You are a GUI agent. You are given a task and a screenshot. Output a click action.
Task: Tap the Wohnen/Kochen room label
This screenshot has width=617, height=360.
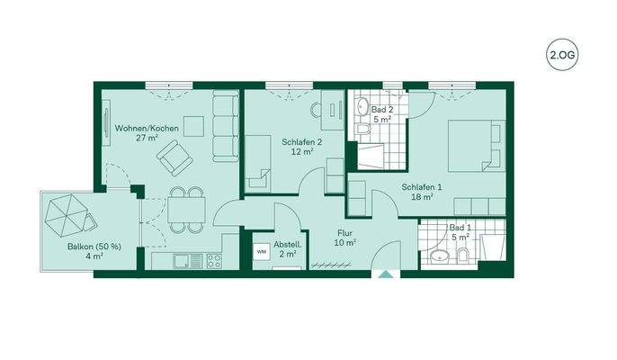click(x=147, y=129)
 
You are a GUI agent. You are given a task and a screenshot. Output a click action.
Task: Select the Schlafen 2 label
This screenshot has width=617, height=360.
click(x=301, y=142)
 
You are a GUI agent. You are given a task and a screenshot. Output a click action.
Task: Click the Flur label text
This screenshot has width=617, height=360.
click(x=345, y=231)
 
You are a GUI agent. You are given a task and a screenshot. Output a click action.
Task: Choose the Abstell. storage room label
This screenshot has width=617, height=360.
click(x=288, y=245)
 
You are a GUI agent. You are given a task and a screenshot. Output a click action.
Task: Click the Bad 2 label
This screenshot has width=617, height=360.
click(x=381, y=109)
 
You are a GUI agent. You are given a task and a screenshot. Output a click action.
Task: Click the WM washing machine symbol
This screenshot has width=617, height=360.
click(x=262, y=251)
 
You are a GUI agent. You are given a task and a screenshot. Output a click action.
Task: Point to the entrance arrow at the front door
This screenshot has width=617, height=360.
click(x=388, y=276)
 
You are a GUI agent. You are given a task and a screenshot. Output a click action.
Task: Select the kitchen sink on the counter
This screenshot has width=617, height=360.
click(x=183, y=261)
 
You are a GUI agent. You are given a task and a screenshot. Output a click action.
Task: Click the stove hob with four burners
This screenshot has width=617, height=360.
click(x=215, y=261)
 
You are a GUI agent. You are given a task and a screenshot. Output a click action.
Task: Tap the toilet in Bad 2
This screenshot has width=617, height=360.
click(x=361, y=131)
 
